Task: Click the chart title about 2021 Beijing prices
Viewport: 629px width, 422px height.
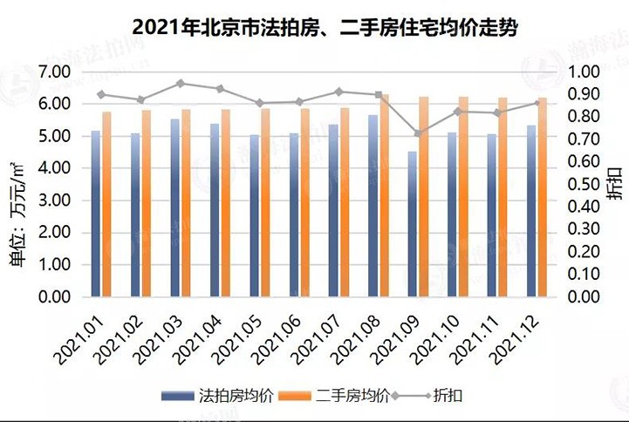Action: click(314, 27)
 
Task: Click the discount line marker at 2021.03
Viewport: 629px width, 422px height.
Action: click(181, 84)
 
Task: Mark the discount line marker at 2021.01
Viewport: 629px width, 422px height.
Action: click(101, 94)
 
